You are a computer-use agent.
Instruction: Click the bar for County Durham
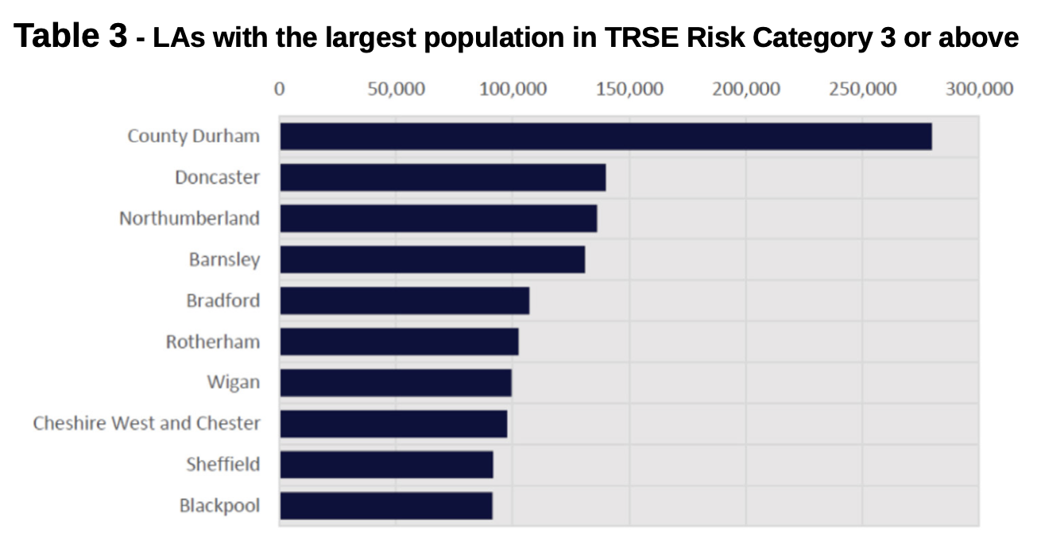[x=606, y=136]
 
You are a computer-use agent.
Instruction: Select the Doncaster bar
[x=443, y=177]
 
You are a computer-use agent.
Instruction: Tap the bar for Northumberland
[x=438, y=219]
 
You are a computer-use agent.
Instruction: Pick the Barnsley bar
[x=432, y=260]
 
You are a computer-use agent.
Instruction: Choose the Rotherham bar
[x=399, y=342]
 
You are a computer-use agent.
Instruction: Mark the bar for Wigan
[x=396, y=383]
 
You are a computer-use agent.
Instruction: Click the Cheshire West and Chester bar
[x=393, y=424]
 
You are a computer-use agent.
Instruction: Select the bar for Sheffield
[x=386, y=465]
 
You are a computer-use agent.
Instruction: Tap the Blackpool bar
[x=386, y=506]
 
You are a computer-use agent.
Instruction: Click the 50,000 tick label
[x=396, y=88]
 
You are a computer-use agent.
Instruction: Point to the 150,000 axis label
[x=629, y=88]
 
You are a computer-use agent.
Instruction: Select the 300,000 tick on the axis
[x=979, y=88]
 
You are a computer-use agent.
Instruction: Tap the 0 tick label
[x=280, y=88]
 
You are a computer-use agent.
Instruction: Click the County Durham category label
[x=193, y=136]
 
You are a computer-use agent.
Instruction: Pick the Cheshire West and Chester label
[x=146, y=424]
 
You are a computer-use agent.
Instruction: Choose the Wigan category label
[x=233, y=383]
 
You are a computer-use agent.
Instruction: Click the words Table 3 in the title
[x=71, y=36]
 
